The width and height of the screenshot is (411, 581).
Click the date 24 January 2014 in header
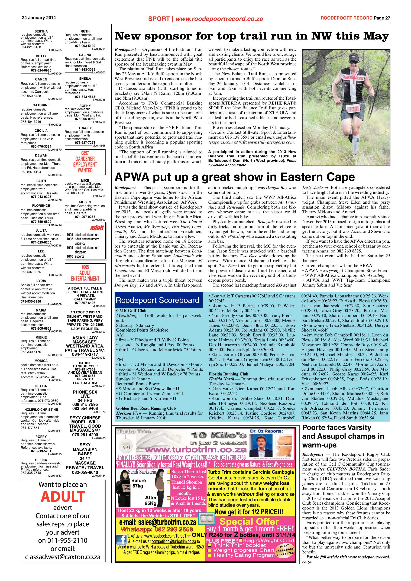[x=39, y=18]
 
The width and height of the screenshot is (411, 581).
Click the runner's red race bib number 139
[x=353, y=109]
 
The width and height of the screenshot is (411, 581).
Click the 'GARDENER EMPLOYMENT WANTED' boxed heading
[x=85, y=162]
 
